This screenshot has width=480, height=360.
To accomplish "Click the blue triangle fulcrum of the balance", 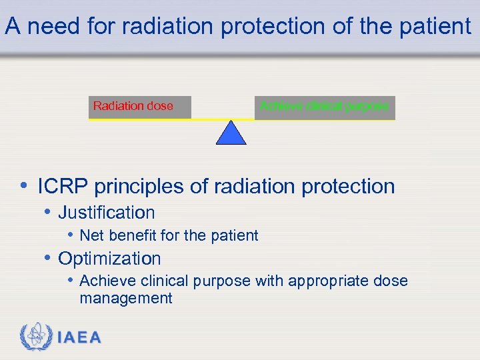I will pos(231,133).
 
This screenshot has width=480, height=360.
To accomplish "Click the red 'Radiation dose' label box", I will pos(140,107).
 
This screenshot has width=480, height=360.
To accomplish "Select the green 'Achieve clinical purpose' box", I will pos(324,107).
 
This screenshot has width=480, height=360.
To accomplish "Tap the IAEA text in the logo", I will pos(79,338).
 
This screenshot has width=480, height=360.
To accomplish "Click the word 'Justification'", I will pos(107,213).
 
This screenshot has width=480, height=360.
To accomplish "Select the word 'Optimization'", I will pos(109,259).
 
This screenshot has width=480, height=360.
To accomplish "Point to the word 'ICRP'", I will pos(63,187).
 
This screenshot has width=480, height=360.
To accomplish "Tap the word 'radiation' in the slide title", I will pos(167,27).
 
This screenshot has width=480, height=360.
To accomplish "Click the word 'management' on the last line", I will pos(125,298).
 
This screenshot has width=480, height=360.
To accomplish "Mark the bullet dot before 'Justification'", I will pos(47,212).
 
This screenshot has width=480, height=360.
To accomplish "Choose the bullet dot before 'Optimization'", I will pos(47,258).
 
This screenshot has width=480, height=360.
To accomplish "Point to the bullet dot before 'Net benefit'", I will pos(70,235).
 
